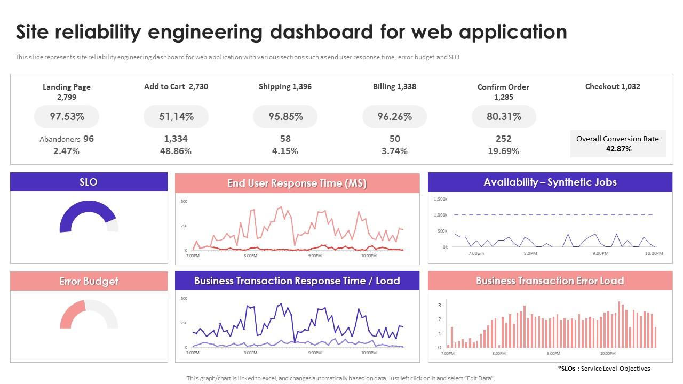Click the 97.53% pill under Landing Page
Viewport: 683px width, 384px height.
tap(67, 116)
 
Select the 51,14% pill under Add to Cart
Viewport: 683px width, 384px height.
tap(176, 116)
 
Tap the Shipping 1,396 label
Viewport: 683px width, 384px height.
tap(285, 86)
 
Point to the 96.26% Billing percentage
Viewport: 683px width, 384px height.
tap(394, 116)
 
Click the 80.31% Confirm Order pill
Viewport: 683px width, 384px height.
tap(504, 116)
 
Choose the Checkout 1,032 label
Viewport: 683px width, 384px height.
tap(613, 86)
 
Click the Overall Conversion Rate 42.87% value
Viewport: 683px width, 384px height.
tap(618, 149)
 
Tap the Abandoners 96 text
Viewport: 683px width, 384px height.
tap(67, 139)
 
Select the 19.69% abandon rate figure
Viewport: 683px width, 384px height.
tap(504, 151)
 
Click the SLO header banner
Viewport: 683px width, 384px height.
tap(89, 182)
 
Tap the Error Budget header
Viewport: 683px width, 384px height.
tap(89, 281)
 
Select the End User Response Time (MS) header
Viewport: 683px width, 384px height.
tap(297, 183)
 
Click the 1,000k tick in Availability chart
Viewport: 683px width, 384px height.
tap(440, 215)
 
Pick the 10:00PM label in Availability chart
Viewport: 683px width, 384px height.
tap(654, 253)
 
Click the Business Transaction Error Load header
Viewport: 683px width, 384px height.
tap(550, 281)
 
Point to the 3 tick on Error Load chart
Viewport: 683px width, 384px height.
tap(439, 305)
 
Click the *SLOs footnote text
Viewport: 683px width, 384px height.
tap(604, 369)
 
